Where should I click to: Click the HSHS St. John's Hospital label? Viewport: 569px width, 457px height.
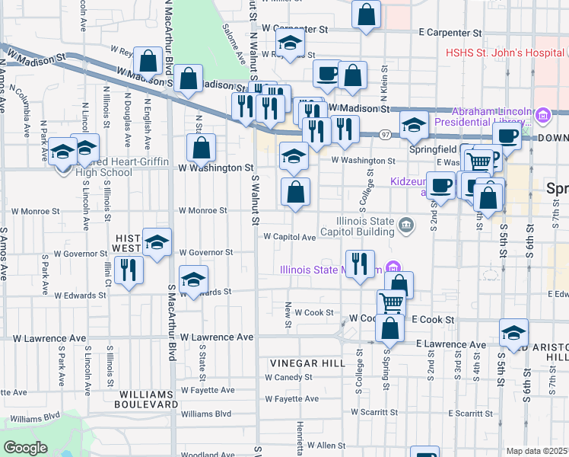(505, 53)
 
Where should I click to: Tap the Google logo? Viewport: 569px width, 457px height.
(25, 448)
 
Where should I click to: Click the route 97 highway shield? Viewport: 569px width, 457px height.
(386, 135)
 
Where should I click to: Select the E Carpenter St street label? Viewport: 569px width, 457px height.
(450, 33)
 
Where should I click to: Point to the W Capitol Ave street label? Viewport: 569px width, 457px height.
(289, 237)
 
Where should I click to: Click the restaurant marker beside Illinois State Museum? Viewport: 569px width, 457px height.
(360, 263)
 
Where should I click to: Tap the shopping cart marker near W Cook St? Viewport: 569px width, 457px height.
(391, 302)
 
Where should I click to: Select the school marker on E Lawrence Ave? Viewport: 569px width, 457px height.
(513, 331)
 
